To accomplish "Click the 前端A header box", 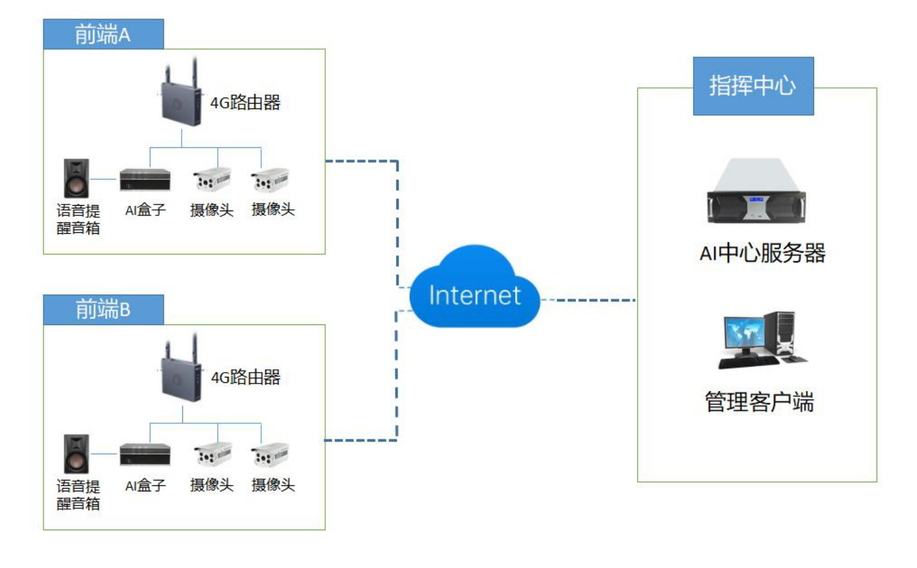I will pos(103,35).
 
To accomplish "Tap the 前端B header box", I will pos(103,310).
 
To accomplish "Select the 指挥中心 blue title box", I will pos(753,86).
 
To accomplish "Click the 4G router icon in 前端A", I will pos(181,97).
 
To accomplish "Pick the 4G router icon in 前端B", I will pos(181,373).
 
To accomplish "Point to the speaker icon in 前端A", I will pos(76,178).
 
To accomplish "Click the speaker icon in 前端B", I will pos(76,454).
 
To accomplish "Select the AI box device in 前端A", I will pos(145,180).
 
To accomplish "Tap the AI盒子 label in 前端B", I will pos(145,485).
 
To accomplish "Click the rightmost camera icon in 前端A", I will pos(270,180).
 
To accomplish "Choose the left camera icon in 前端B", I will pos(213,455).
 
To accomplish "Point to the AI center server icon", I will pos(756,192).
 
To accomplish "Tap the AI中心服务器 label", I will pos(762,253).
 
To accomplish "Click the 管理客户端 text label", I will pos(759,402).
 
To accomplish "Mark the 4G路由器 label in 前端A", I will pos(245,103).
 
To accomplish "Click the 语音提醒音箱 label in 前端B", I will pos(78,495).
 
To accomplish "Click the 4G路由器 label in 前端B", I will pos(246,377).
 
